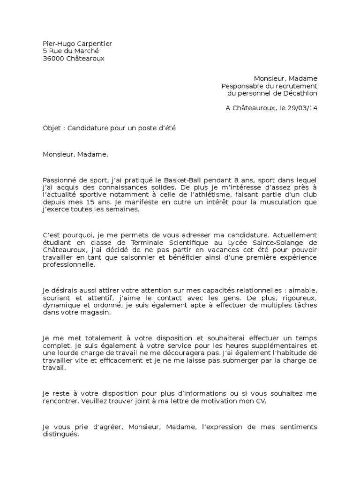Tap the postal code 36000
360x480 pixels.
click(x=52, y=59)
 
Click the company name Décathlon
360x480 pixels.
click(x=300, y=93)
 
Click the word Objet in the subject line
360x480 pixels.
click(x=51, y=127)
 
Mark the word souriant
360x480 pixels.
click(x=56, y=298)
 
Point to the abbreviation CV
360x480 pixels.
click(x=261, y=402)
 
